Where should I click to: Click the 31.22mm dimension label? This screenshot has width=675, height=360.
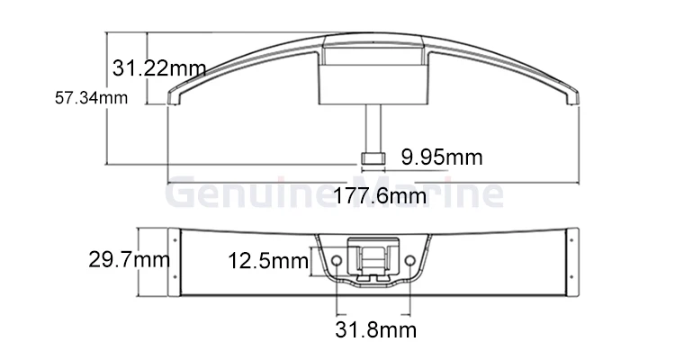coord(159,68)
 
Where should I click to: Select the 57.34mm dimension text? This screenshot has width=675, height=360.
coord(91,98)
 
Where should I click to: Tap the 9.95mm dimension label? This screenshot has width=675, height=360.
coord(442,157)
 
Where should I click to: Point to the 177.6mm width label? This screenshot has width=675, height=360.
coord(380,196)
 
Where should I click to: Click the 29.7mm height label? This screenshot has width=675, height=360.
coord(129,260)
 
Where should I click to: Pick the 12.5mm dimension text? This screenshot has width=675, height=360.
coord(268,261)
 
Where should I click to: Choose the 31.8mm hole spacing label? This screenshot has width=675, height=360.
coord(376,330)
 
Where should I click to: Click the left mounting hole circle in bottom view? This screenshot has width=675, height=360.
coord(337,260)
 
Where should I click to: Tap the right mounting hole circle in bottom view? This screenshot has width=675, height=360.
coord(410,260)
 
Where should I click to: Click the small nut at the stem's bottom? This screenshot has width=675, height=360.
coord(373,158)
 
